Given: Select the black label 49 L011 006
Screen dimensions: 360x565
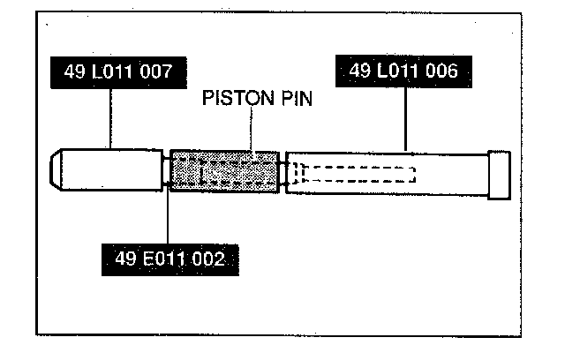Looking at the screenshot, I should (403, 71).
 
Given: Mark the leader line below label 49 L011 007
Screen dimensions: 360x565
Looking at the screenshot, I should (109, 119).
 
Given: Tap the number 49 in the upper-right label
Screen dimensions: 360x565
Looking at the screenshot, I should (360, 71).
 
